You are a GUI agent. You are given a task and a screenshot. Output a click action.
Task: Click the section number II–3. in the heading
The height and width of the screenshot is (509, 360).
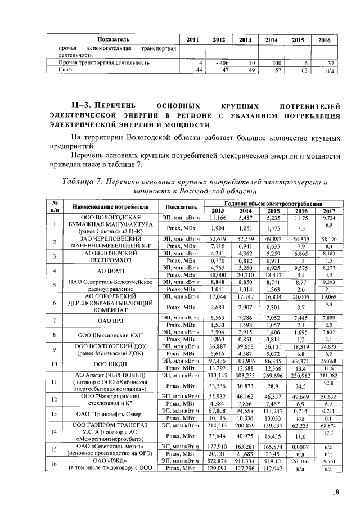coord(84,105)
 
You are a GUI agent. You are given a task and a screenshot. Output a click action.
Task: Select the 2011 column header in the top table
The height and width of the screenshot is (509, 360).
coord(192,39)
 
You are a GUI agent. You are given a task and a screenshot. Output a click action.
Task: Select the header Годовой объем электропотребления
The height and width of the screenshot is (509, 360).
coord(273,203)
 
